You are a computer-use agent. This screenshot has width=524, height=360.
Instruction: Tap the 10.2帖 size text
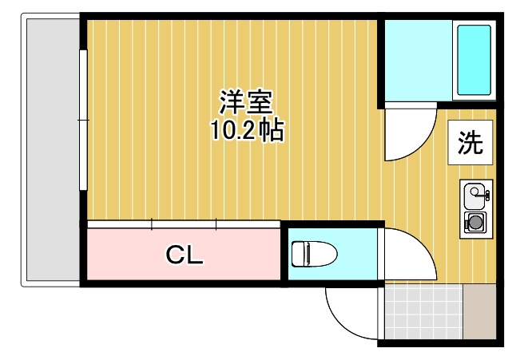click(x=247, y=131)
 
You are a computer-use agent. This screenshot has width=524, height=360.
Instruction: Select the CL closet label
click(x=185, y=255)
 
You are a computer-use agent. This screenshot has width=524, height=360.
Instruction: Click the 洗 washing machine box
click(x=470, y=143)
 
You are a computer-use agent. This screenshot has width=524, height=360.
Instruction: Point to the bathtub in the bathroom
click(x=474, y=60)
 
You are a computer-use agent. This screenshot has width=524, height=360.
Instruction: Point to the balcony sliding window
click(x=82, y=120)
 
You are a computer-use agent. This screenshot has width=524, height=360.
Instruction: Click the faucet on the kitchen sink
click(x=486, y=192)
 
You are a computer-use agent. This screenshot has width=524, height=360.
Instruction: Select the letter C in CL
click(x=175, y=255)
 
